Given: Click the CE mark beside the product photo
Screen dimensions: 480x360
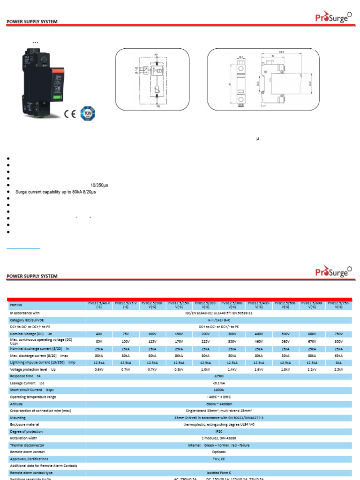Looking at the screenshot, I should pos(70,114).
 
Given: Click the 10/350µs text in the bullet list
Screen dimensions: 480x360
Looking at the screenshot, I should pos(99,185).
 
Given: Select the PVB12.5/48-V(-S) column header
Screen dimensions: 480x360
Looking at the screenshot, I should pos(99,305).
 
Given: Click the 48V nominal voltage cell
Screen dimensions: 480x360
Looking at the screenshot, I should pos(99,334).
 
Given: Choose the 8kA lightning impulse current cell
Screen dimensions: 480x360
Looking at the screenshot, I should pos(338,362).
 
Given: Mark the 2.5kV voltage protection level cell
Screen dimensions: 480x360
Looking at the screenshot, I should pos(338,369).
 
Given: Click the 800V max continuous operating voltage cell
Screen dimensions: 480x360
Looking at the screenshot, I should pos(338,341).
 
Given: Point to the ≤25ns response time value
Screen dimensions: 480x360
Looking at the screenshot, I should pos(218,376).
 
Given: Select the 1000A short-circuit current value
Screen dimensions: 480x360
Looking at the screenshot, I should pos(218,390).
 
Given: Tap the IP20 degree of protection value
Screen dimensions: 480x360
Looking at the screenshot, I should pos(218,431).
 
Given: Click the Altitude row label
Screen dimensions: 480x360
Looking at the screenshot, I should pos(17,404).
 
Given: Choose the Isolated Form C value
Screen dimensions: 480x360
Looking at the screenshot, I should pos(218,472).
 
